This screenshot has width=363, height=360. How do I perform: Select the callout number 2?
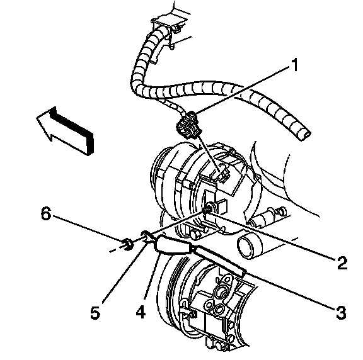(342, 263)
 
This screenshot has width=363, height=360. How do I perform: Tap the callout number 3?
(341, 312)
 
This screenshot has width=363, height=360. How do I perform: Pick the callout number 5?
(95, 312)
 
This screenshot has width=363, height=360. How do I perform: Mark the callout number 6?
(46, 213)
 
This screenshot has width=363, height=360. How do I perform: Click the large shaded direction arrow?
(66, 131)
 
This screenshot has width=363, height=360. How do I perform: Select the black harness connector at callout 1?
(188, 125)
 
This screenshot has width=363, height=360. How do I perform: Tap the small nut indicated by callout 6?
(128, 244)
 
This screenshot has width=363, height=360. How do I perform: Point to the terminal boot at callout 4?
(173, 245)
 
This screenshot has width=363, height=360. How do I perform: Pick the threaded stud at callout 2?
(208, 208)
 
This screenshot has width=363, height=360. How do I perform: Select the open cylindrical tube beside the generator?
(250, 246)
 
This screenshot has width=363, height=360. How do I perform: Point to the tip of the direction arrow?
(37, 118)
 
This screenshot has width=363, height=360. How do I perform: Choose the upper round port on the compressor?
(222, 290)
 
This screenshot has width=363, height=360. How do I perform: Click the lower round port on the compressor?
(219, 310)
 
